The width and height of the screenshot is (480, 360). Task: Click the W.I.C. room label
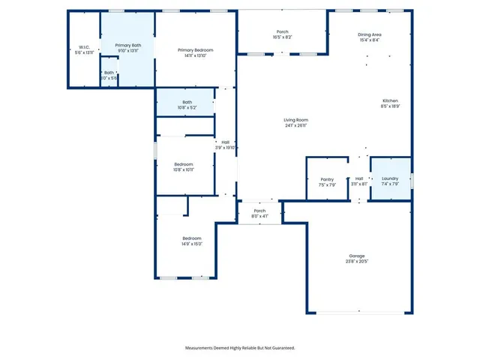83,46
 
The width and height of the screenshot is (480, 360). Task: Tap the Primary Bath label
127,45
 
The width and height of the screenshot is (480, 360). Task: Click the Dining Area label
370,34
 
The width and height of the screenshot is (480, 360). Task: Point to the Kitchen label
390,100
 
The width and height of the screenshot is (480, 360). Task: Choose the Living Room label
295,120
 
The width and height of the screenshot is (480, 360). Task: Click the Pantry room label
327,178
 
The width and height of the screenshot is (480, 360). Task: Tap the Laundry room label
390,178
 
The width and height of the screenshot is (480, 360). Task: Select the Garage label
357,256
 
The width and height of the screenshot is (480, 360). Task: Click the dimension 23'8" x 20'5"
357,261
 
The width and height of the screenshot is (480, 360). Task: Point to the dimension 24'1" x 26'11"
295,125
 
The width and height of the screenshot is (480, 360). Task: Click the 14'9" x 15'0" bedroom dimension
191,244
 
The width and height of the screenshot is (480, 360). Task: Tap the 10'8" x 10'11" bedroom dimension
184,169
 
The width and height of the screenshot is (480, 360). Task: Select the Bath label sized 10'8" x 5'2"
187,102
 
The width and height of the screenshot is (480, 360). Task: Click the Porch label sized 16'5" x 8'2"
282,31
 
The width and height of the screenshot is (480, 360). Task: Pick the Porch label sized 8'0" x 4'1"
259,211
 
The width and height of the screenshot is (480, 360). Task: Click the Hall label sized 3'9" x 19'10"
225,142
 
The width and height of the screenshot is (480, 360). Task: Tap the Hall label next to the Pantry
359,178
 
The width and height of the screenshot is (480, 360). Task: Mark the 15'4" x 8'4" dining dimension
370,40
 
